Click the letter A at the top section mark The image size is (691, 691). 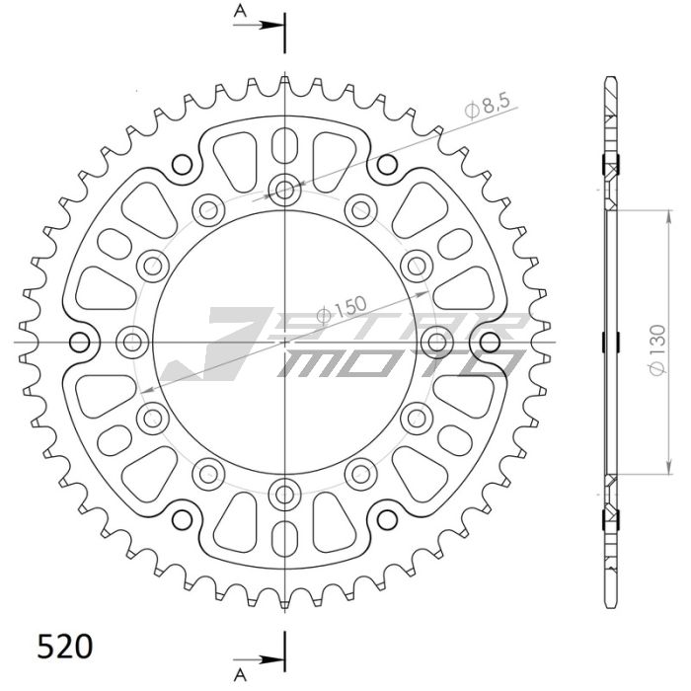240,12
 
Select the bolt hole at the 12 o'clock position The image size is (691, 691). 285,189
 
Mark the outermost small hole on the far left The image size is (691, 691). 81,342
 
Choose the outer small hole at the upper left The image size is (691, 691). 181,164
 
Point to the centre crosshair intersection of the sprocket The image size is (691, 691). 285,342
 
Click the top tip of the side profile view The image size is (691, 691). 610,77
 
